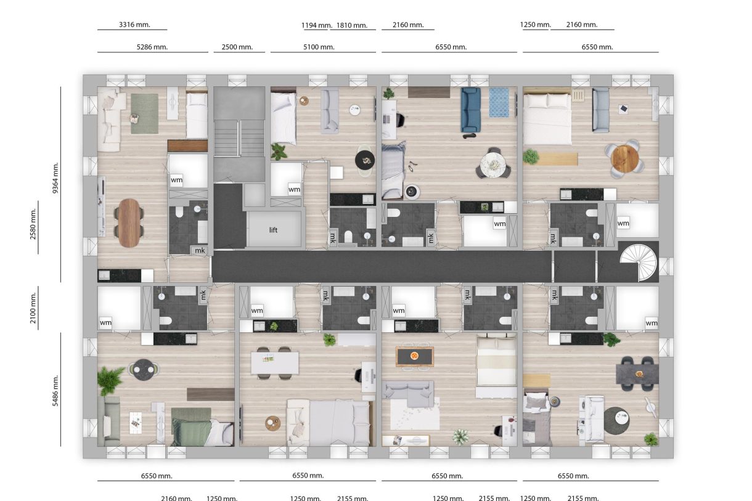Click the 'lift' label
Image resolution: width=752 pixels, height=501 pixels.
click(274, 230)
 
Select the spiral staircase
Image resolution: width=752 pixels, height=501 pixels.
click(639, 261)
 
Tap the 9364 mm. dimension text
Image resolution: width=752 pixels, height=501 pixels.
click(55, 179)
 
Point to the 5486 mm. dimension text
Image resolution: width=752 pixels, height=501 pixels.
click(55, 390)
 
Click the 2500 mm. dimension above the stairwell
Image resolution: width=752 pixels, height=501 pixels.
click(238, 47)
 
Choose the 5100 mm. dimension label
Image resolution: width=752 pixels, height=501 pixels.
click(318, 47)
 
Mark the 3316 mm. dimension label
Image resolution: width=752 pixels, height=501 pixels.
click(133, 25)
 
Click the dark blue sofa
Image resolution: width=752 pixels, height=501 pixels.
click(470, 110)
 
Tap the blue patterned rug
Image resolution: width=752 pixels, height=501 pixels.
click(499, 102)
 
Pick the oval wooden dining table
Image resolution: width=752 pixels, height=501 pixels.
click(129, 222)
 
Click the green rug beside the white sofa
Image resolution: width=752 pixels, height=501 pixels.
click(145, 113)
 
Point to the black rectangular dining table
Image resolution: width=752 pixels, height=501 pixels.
click(637, 373)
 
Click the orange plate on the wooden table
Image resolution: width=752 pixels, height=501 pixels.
click(414, 356)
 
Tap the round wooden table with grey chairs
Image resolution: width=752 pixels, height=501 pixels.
click(624, 158)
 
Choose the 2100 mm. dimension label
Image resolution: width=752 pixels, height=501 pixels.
click(33, 308)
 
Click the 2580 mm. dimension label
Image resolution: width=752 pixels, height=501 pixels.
click(33, 226)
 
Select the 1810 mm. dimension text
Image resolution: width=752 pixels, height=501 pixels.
click(352, 25)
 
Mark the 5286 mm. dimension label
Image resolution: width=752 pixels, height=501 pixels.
click(152, 47)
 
